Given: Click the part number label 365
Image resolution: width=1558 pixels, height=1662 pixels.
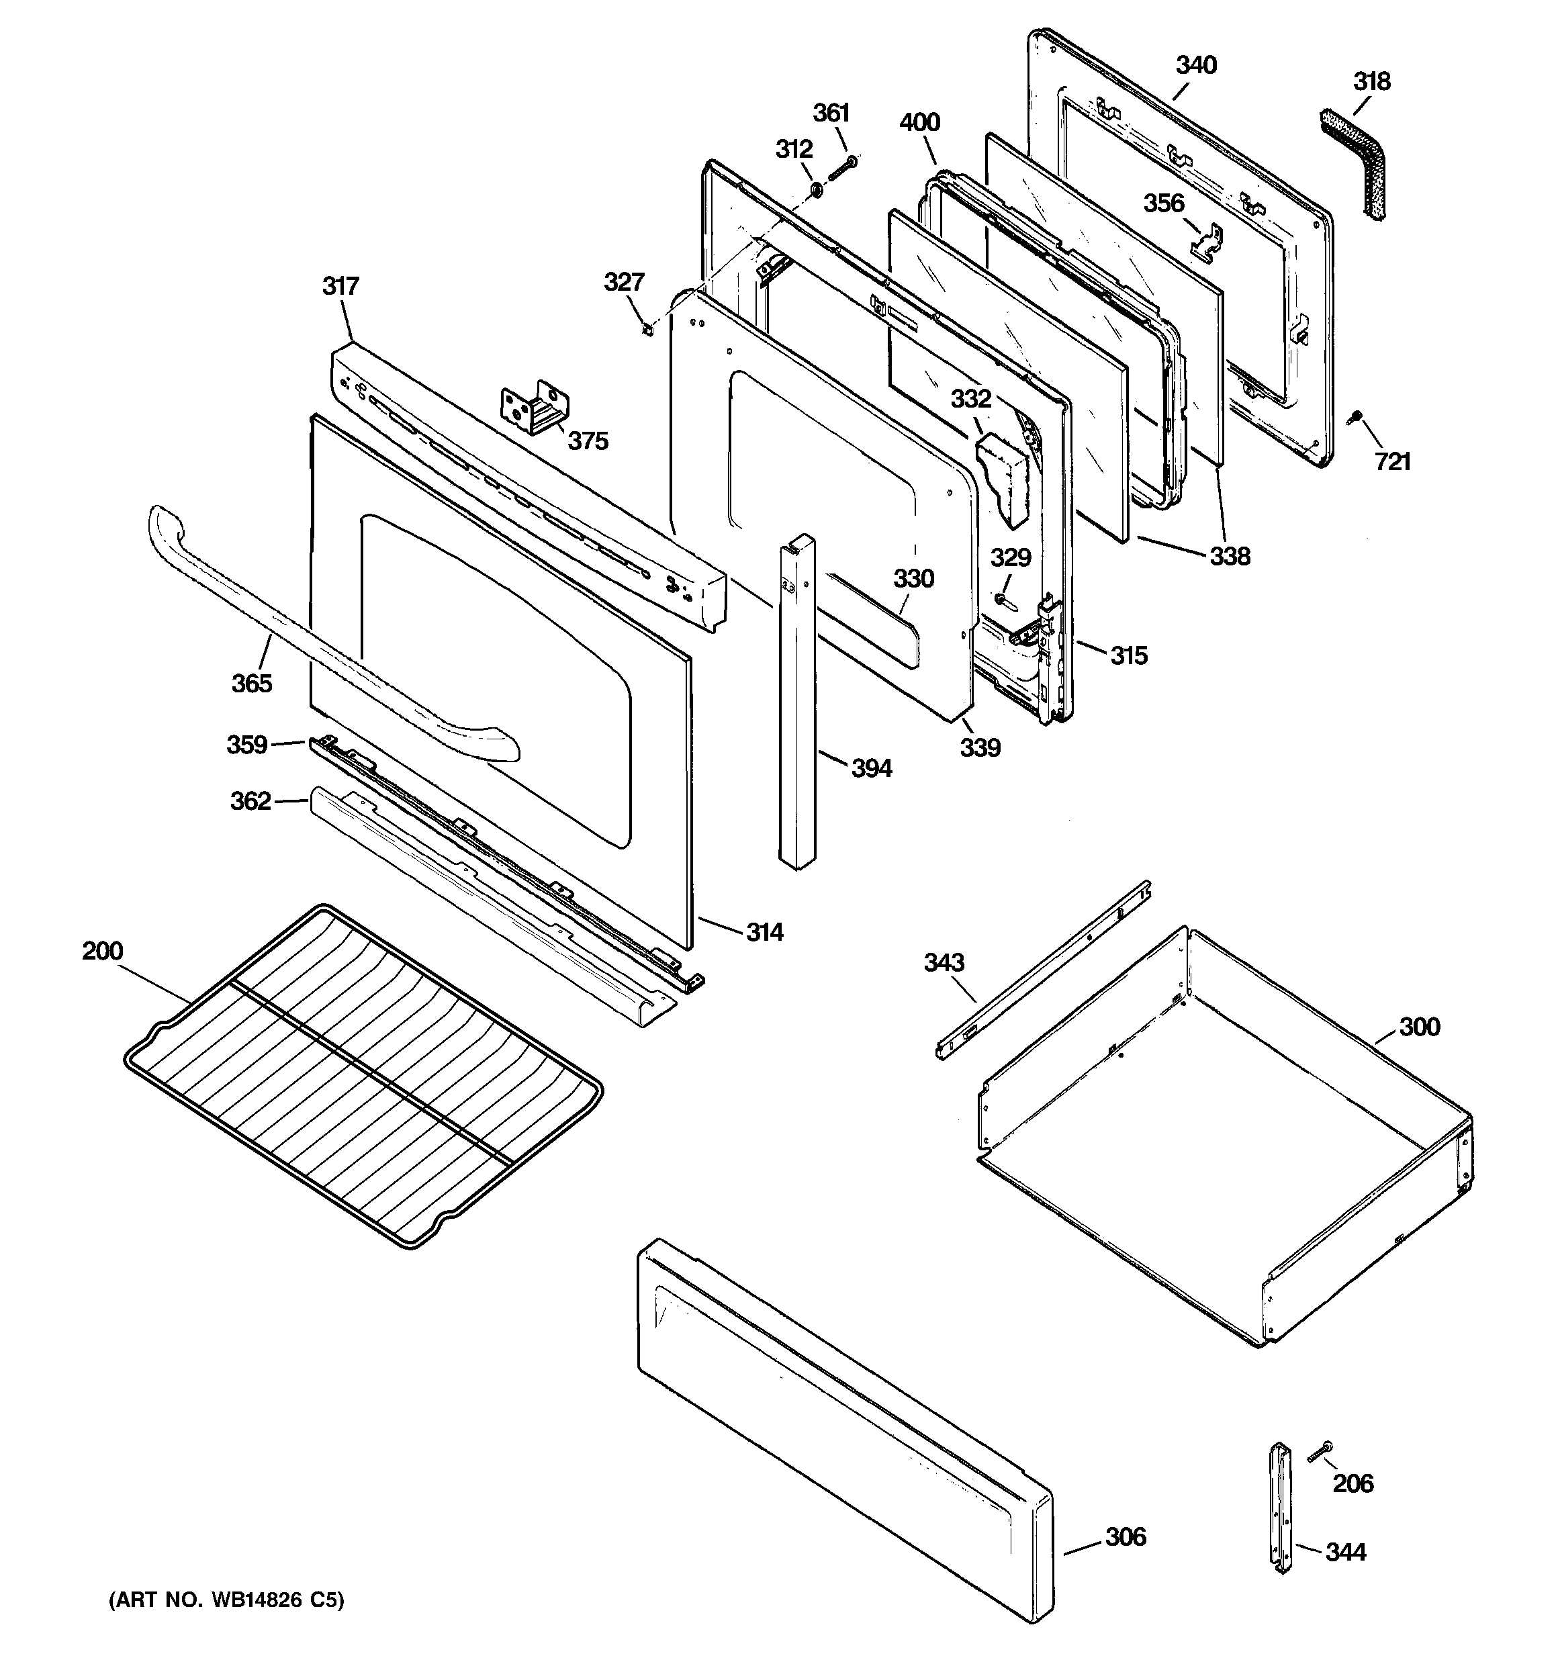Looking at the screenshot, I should pyautogui.click(x=252, y=683).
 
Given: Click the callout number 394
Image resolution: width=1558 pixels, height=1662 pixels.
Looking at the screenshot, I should pyautogui.click(x=872, y=768).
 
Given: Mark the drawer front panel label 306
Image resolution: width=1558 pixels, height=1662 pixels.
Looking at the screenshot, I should pyautogui.click(x=1126, y=1536).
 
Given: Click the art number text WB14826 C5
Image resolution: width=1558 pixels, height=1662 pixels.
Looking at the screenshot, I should pyautogui.click(x=226, y=1600).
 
